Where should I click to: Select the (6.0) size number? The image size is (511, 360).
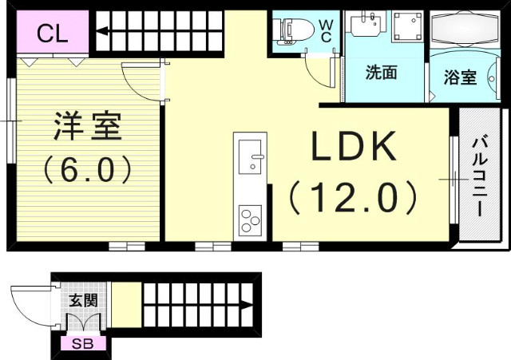[86, 168]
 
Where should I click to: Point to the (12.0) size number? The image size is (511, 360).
[353, 196]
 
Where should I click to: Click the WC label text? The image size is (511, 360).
[327, 30]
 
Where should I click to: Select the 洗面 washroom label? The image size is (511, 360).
[381, 73]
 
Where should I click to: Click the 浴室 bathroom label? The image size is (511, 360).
[460, 77]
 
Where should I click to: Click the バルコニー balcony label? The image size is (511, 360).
[480, 176]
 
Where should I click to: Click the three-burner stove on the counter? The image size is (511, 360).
[251, 217]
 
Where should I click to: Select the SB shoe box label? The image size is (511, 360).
[81, 344]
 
